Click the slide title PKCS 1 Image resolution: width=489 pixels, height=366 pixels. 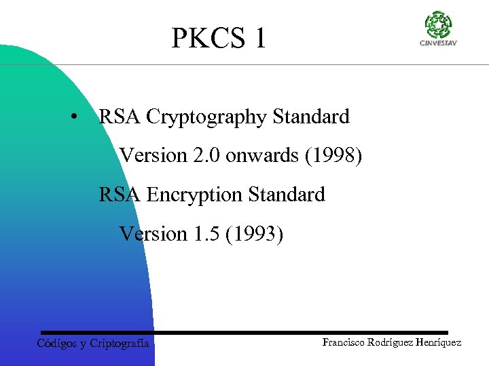pyautogui.click(x=219, y=38)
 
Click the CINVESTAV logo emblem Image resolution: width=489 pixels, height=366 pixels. pyautogui.click(x=438, y=25)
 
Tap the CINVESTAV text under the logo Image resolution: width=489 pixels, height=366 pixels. pyautogui.click(x=438, y=44)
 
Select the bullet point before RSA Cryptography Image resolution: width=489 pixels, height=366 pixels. pyautogui.click(x=73, y=117)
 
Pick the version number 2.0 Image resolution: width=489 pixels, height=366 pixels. pyautogui.click(x=206, y=156)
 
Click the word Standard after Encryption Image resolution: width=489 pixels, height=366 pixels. pyautogui.click(x=287, y=195)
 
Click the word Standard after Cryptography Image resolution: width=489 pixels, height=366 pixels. pyautogui.click(x=311, y=117)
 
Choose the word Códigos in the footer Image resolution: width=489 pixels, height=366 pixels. pyautogui.click(x=56, y=344)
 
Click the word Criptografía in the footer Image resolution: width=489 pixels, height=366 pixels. pyautogui.click(x=120, y=344)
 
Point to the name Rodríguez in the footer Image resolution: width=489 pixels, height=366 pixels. pyautogui.click(x=392, y=342)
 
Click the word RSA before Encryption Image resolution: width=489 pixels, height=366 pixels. pyautogui.click(x=120, y=195)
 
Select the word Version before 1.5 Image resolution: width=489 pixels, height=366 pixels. pyautogui.click(x=153, y=235)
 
